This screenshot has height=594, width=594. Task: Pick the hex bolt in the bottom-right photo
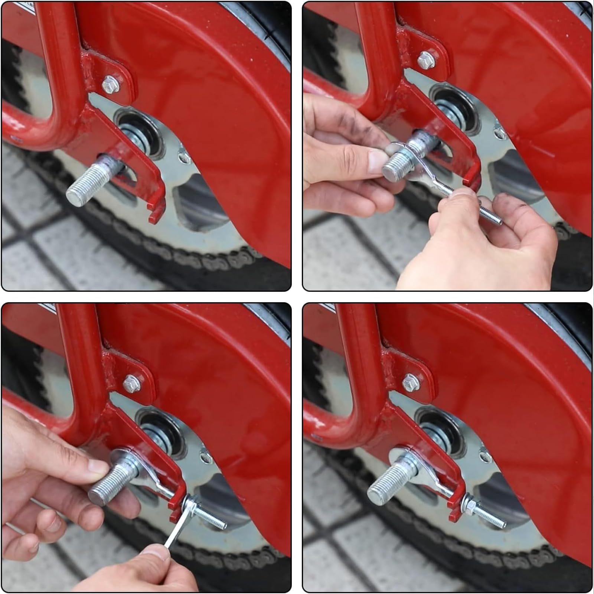coord(411,382)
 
